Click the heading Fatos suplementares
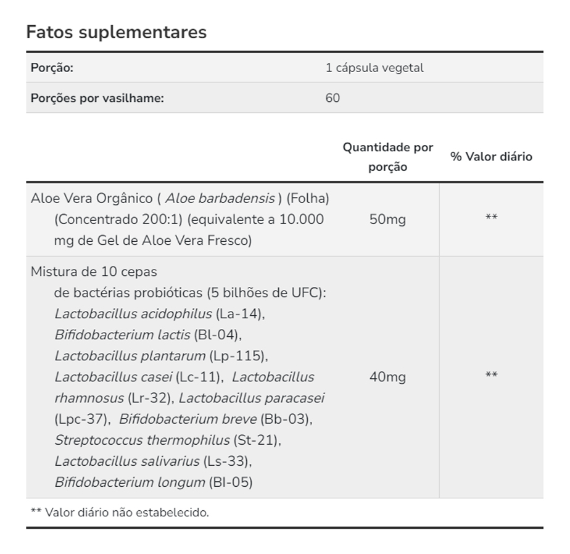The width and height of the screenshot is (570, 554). coord(116,32)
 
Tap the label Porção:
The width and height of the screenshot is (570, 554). coord(52,68)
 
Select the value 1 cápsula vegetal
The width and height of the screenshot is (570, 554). coord(374,68)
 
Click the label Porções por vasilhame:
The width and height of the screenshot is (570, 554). coord(97,98)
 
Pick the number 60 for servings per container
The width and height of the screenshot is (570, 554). coord(332,98)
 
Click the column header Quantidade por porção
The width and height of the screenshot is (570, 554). coord(388,157)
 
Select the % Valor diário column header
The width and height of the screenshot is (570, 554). coord(491,157)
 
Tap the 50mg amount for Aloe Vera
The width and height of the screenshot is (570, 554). coord(387,220)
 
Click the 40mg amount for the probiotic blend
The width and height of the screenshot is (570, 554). coord(387,377)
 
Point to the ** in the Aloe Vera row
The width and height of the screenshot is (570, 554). coord(491,217)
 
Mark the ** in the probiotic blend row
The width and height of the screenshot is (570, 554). coord(491,375)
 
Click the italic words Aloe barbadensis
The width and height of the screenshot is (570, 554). coord(220,199)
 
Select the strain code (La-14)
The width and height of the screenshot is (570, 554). coord(239,313)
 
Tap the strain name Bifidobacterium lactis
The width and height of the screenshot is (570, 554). coord(122,335)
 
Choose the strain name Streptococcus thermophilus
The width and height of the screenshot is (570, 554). coord(142,440)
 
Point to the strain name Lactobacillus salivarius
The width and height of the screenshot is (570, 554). coord(127,461)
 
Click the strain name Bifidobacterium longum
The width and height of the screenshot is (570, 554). coord(130,482)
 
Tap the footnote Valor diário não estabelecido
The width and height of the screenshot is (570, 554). coord(127,513)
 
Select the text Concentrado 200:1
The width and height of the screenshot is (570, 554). coord(120,220)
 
